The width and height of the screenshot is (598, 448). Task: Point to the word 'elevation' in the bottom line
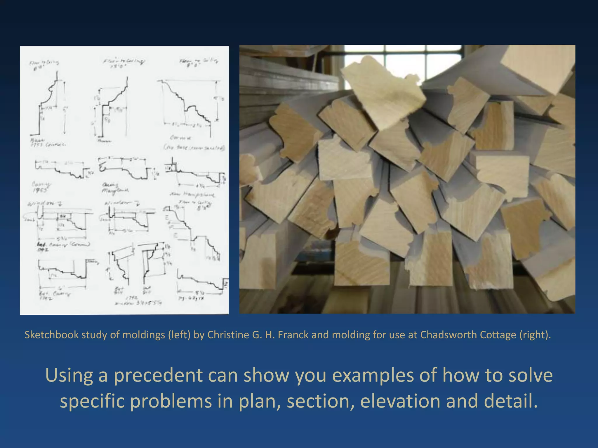click(400, 401)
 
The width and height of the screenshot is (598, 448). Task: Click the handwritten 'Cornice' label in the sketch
click(181, 137)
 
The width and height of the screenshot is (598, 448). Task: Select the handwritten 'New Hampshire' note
click(193, 194)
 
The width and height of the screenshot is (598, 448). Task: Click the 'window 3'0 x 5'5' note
click(137, 303)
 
